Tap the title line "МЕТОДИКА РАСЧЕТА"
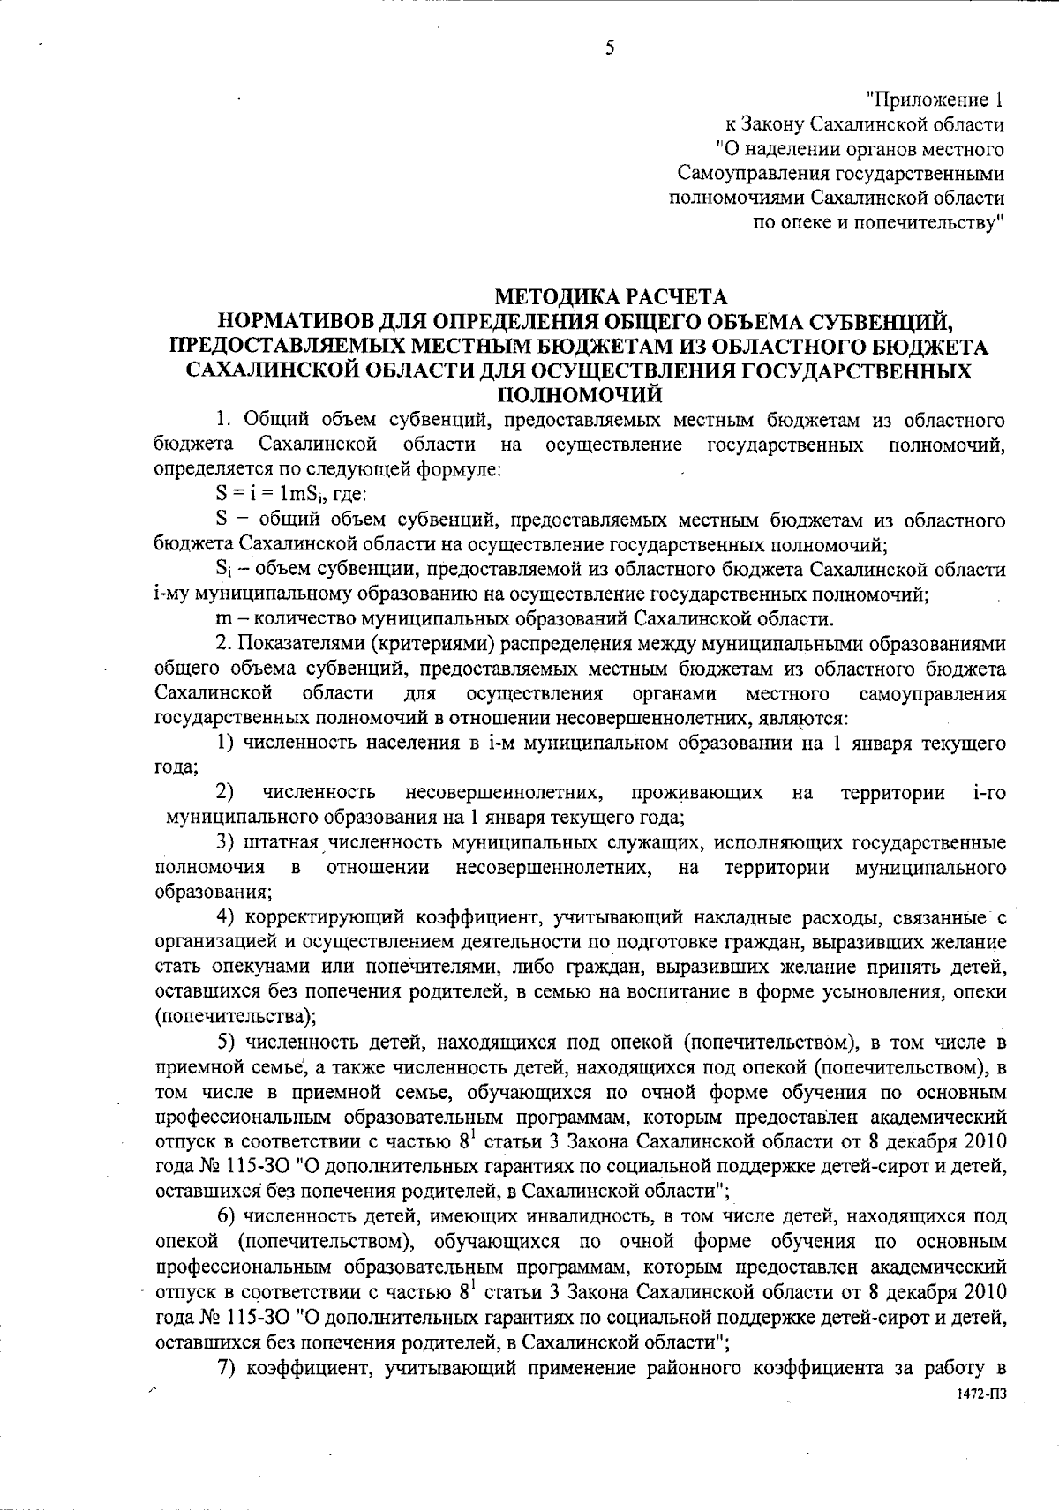610,295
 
